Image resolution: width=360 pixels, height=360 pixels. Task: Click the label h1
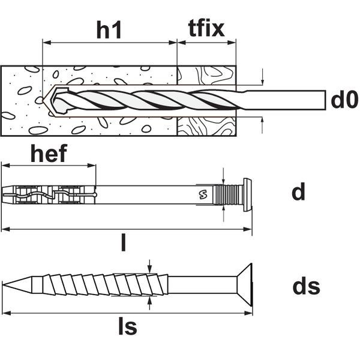109,29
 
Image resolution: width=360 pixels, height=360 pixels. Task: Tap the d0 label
344,100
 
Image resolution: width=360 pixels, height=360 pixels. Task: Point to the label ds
306,286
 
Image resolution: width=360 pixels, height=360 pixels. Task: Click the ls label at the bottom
127,327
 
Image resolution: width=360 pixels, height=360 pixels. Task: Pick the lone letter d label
298,192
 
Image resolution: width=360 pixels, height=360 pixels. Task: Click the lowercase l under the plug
124,242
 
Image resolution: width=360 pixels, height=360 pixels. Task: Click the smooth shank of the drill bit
282,100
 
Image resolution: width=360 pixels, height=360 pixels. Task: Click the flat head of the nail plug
247,193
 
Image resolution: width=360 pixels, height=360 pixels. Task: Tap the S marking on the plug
201,193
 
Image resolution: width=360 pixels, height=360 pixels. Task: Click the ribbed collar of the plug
231,193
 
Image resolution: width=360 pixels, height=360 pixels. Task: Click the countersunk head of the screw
243,284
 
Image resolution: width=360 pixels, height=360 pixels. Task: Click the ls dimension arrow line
127,313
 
